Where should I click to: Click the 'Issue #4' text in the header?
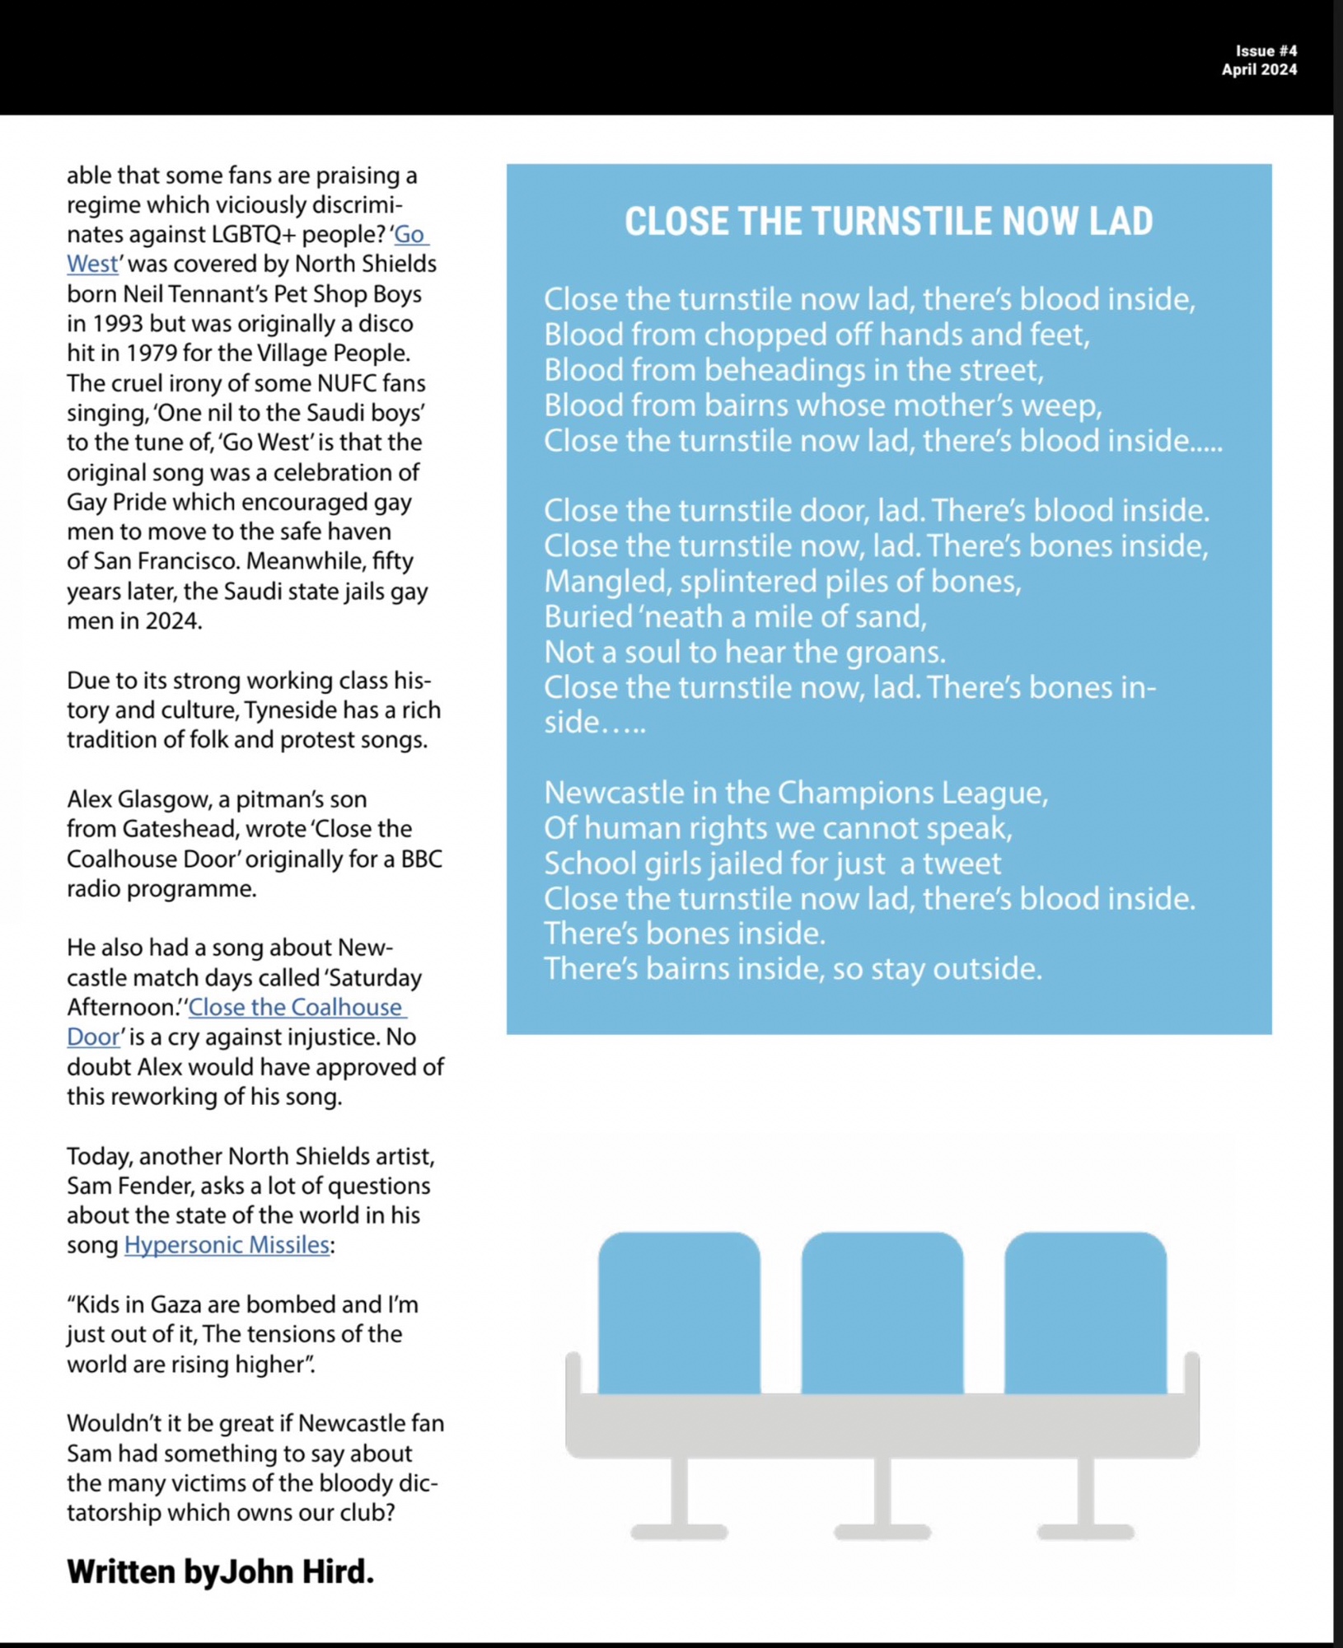click(1266, 51)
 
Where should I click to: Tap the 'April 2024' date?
click(1259, 70)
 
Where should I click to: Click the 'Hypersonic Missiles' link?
click(227, 1244)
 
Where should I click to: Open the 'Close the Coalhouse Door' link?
click(295, 1007)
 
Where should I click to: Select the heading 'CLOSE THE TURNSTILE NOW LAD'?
click(888, 222)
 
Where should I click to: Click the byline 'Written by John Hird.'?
click(220, 1571)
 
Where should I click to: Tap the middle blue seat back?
click(882, 1312)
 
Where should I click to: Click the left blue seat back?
click(679, 1312)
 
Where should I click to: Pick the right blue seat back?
click(1085, 1312)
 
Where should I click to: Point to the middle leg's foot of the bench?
click(882, 1532)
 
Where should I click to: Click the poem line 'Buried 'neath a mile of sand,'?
click(735, 616)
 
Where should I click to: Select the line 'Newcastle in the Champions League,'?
click(795, 793)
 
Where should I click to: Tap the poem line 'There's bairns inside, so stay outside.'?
click(793, 968)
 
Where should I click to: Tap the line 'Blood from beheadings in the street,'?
click(793, 370)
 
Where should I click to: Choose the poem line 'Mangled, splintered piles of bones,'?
click(782, 581)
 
